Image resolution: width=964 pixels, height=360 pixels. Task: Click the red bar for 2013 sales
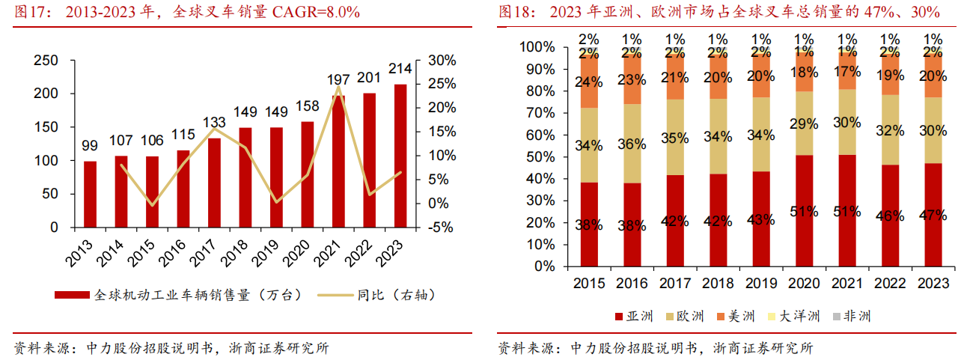(90, 194)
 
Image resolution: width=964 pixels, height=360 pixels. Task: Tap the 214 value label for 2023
(401, 69)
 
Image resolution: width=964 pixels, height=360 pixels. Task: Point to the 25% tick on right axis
(439, 84)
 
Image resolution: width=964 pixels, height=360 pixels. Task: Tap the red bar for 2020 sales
(308, 174)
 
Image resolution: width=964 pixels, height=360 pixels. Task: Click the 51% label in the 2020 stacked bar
(804, 211)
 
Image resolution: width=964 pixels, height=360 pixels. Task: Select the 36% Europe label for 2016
(632, 144)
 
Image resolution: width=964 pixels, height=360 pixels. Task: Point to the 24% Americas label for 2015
(589, 82)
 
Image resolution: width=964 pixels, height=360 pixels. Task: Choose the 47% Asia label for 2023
(933, 216)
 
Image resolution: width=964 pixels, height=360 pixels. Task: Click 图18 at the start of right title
(514, 12)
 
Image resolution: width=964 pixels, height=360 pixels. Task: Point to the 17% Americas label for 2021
(847, 73)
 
